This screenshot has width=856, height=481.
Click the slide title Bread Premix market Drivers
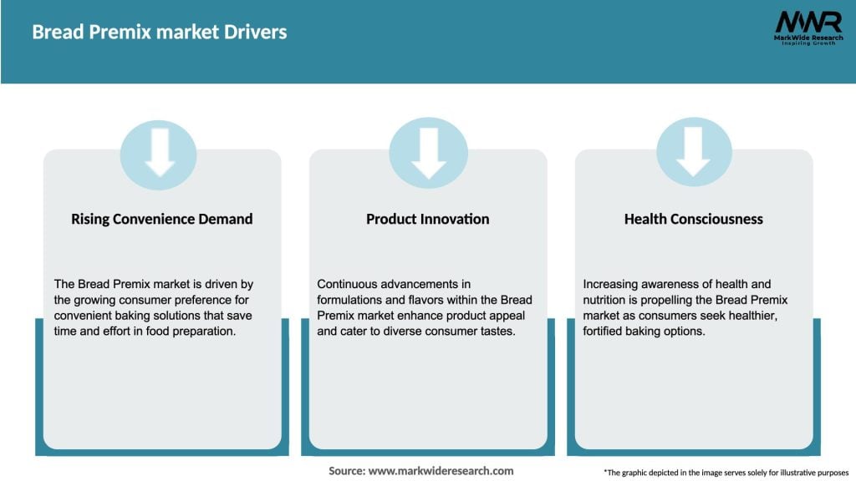[159, 33]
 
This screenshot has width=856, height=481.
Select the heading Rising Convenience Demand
[161, 219]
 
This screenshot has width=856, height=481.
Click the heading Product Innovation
[427, 219]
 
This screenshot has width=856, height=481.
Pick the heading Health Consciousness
[693, 219]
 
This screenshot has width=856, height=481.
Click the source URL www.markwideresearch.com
[441, 471]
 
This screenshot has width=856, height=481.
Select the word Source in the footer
[346, 471]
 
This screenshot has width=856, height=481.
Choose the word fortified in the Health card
[609, 330]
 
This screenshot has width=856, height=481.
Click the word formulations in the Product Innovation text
[351, 300]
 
